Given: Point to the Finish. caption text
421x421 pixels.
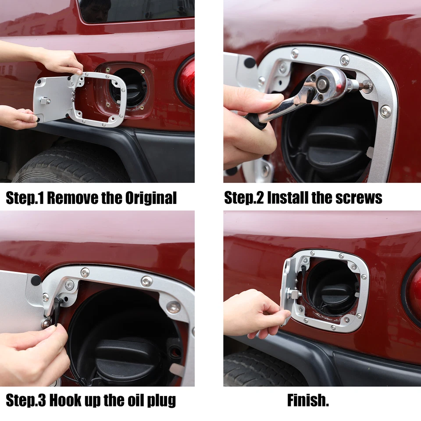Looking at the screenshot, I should coord(308,400).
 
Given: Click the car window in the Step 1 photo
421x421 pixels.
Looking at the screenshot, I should coord(136,11).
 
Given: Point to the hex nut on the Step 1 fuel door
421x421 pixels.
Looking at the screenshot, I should coord(45,100).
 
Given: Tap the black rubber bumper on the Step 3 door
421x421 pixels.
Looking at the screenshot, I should coord(36,280).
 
